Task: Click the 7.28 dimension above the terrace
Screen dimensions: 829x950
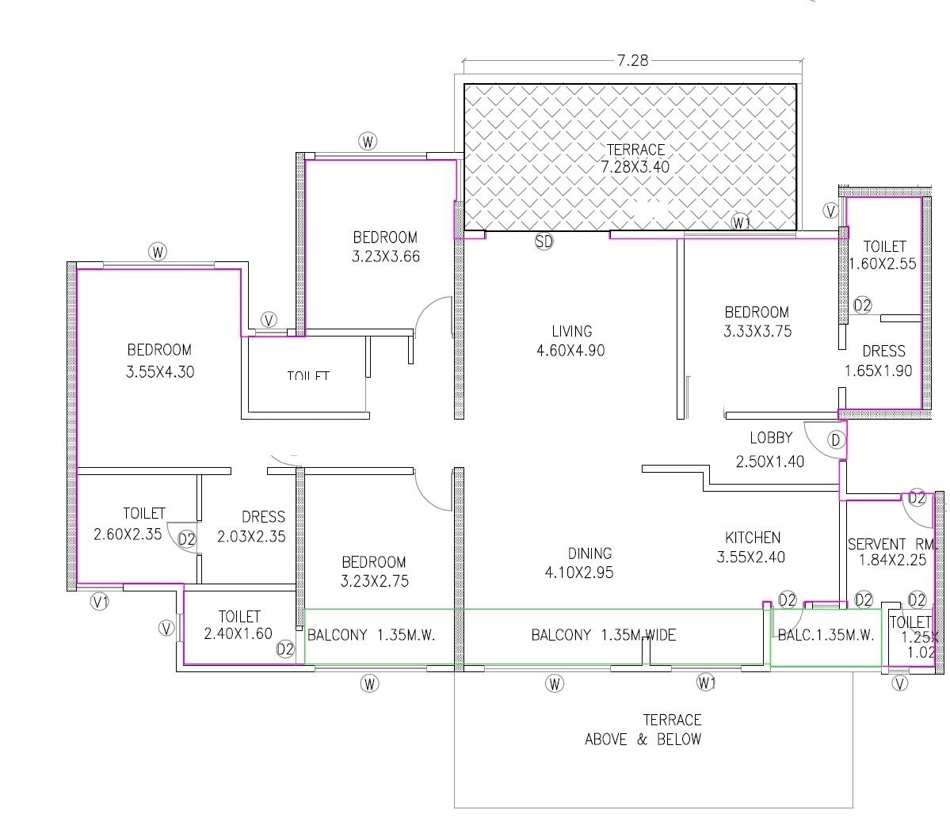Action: click(x=631, y=60)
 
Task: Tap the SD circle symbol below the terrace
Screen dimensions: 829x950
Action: click(x=544, y=242)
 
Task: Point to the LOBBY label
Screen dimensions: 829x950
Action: click(x=771, y=438)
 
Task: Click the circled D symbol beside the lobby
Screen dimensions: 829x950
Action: click(x=835, y=440)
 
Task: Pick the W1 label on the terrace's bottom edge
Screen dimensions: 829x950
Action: click(x=741, y=222)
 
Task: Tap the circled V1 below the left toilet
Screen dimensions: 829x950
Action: click(x=100, y=602)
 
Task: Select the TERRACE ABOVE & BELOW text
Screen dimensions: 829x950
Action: click(x=643, y=730)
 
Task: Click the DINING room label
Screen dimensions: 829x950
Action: click(x=589, y=553)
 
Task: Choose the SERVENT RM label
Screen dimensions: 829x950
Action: click(x=891, y=544)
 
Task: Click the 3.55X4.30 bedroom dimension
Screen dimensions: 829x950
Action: click(x=160, y=371)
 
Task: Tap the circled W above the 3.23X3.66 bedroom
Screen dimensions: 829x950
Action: click(x=368, y=142)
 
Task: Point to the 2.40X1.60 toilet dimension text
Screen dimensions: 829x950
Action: click(x=238, y=633)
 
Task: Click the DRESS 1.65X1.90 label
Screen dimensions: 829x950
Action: click(x=883, y=360)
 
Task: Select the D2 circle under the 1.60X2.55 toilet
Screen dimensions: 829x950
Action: click(x=862, y=306)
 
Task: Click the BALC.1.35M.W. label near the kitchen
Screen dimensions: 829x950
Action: click(x=826, y=635)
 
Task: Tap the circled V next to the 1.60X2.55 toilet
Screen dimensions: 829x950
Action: click(x=830, y=211)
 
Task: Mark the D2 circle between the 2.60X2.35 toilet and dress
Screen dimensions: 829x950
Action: click(x=186, y=540)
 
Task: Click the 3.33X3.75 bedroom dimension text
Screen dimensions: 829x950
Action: click(x=757, y=332)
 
